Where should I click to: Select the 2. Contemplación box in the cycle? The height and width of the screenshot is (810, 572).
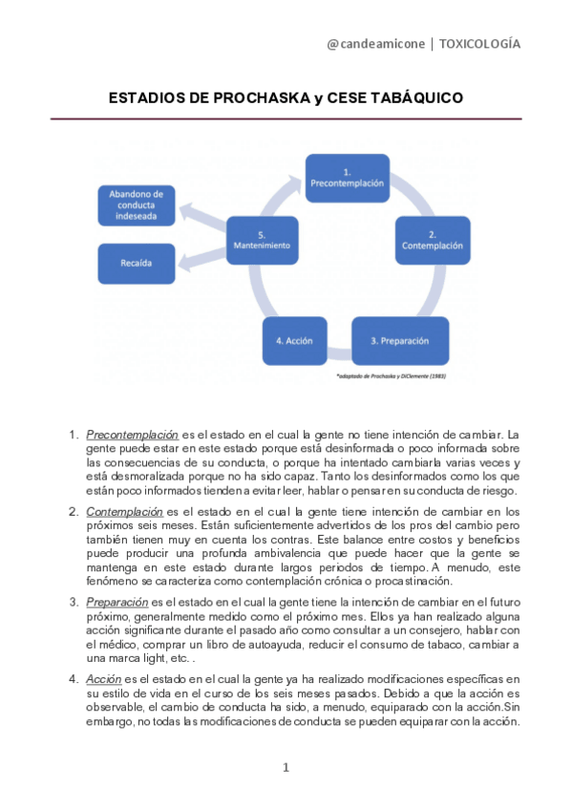click(432, 239)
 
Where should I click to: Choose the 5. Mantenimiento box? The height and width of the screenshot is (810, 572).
click(262, 239)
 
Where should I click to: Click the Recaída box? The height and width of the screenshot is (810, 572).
click(137, 260)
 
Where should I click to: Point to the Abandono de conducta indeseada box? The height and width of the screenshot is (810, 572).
click(137, 203)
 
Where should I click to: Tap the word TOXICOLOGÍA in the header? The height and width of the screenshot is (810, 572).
click(479, 44)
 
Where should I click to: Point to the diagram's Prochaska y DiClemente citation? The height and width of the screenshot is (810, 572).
click(392, 376)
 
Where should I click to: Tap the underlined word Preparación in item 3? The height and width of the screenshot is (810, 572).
click(117, 603)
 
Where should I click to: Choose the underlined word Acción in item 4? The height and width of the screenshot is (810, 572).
click(102, 679)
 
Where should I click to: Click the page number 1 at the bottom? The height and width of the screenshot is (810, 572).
click(286, 767)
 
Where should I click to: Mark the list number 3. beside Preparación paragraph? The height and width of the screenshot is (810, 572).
click(74, 603)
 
